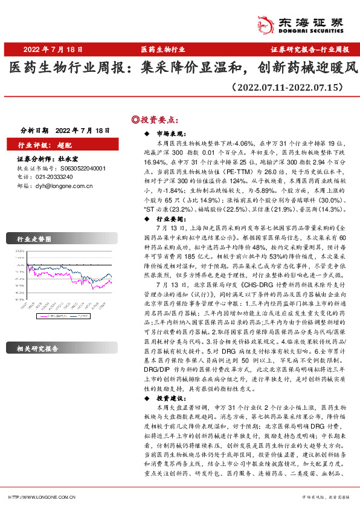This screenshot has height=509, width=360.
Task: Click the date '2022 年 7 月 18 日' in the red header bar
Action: point(53,50)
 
